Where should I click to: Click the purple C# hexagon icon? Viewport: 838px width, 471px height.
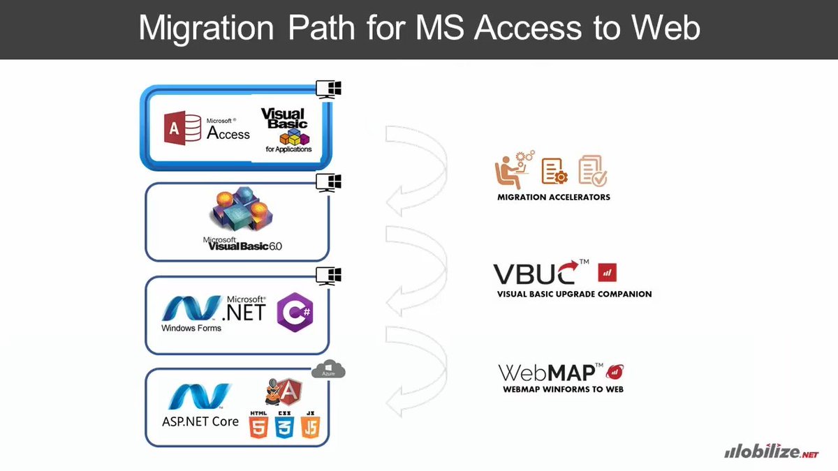pos(295,313)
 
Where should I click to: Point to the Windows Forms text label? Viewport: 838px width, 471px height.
pos(191,328)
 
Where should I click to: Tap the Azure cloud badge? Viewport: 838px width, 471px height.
pos(329,370)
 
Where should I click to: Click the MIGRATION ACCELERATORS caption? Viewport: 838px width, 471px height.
pos(554,197)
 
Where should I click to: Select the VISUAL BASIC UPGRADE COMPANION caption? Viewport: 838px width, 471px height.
pos(574,294)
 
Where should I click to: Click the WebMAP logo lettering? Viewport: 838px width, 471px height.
pos(550,373)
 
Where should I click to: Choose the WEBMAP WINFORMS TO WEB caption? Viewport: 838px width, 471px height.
pos(563,389)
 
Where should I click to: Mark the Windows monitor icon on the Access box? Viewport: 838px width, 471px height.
pos(328,89)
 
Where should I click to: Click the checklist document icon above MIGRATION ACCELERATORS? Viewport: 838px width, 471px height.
pos(593,170)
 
